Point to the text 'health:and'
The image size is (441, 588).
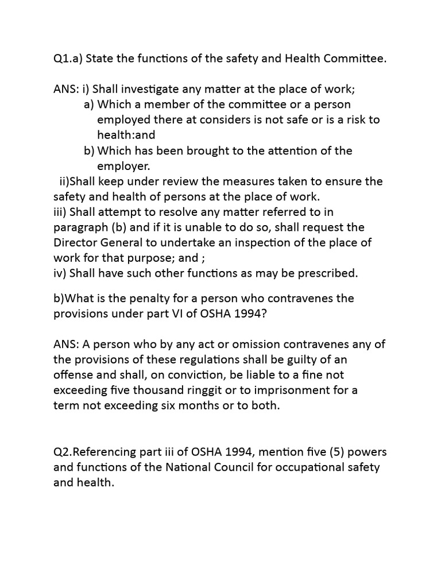point(126,135)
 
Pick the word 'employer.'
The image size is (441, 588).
point(123,166)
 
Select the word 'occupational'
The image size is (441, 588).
point(305,467)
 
